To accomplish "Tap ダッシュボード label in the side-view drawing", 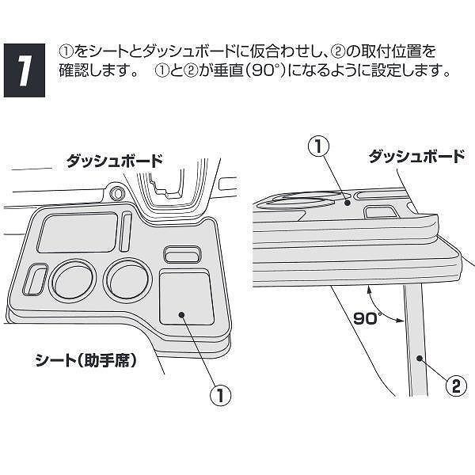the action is pyautogui.click(x=416, y=156).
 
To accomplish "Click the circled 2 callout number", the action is pyautogui.click(x=454, y=387).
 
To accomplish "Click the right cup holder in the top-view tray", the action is pyautogui.click(x=126, y=278).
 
